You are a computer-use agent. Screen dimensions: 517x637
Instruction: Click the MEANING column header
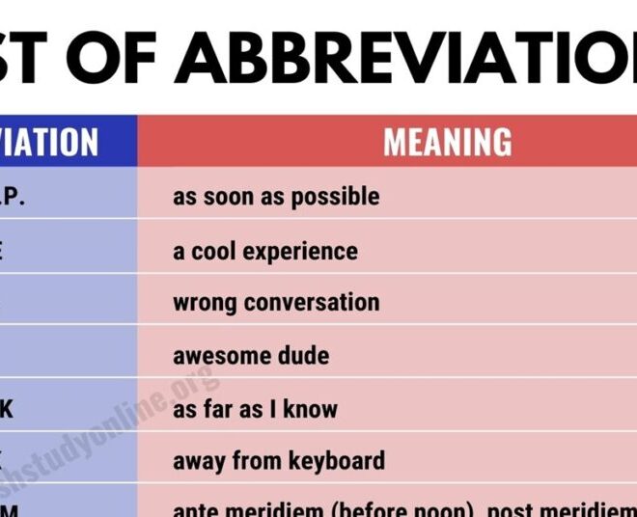[448, 143]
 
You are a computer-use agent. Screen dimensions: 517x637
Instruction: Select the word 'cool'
[220, 252]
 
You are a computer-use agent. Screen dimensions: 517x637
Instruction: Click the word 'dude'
[302, 356]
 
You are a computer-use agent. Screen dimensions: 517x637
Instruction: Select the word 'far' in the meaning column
[219, 408]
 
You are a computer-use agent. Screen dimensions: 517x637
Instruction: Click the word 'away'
[198, 461]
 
